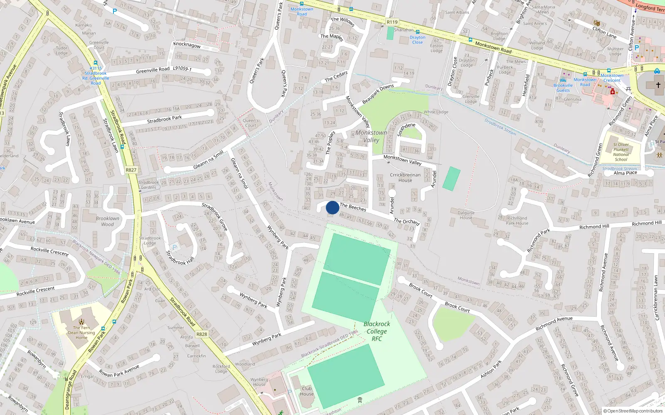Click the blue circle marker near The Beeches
[x=332, y=207]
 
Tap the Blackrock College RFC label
[x=377, y=331]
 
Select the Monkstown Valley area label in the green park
[x=371, y=136]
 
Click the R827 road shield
[x=131, y=170]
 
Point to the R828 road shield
[x=202, y=334]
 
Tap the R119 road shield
[x=392, y=22]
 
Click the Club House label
[x=307, y=391]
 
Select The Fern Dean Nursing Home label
[x=81, y=332]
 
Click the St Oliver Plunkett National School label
[x=621, y=152]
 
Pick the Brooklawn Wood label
[x=107, y=221]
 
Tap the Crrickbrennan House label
[x=405, y=177]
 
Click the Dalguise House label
[x=466, y=215]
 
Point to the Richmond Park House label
[x=517, y=220]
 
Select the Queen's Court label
[x=251, y=123]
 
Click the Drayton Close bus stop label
[x=417, y=40]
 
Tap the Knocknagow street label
[x=187, y=44]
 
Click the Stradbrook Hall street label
[x=180, y=257]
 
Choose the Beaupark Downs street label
[x=378, y=94]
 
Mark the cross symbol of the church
[x=658, y=85]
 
